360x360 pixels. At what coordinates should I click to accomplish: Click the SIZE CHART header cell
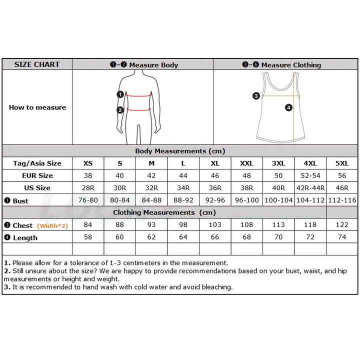37,64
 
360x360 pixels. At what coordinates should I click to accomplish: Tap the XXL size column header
247,163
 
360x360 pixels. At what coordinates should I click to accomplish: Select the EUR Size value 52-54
310,175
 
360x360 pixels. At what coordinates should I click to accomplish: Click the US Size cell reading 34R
183,188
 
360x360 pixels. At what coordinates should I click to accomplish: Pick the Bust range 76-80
88,200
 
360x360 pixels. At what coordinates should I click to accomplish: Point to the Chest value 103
215,225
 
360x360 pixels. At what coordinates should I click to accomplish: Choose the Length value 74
342,237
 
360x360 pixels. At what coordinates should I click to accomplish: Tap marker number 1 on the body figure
120,94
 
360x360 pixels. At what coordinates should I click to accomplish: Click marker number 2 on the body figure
120,110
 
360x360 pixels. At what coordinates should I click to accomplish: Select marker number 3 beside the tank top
256,95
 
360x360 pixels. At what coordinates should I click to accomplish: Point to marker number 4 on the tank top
288,107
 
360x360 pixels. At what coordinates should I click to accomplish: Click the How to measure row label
37,107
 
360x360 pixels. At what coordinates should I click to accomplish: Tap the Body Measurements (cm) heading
180,151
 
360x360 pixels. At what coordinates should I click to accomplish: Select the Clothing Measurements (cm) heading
164,212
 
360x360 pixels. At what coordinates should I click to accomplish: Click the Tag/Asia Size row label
37,163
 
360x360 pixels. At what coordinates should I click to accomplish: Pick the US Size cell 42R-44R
310,188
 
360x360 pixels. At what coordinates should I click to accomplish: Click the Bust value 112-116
342,200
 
